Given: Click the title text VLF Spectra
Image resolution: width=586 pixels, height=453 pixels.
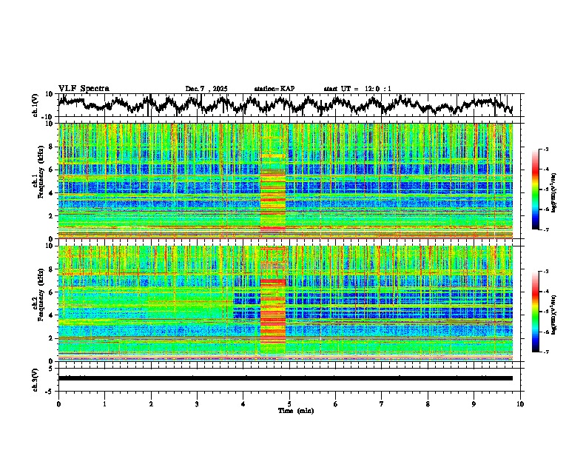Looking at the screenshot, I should click(x=84, y=89).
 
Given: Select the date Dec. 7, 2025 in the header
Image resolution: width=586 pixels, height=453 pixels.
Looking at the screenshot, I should click(x=206, y=89).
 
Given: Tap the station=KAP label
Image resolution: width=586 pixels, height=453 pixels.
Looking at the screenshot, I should click(x=275, y=89).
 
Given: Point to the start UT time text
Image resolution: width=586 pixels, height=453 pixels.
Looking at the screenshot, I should click(x=357, y=89).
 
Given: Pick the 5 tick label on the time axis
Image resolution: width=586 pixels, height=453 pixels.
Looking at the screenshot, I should click(x=289, y=403).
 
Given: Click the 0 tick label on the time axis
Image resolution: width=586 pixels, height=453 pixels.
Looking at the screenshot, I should click(x=58, y=403).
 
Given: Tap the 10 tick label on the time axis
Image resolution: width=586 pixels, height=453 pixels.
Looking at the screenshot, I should click(x=520, y=403).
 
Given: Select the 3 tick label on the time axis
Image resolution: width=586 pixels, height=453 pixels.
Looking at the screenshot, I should click(x=197, y=403).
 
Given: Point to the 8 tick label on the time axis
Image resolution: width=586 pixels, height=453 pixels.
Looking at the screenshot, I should click(x=428, y=403).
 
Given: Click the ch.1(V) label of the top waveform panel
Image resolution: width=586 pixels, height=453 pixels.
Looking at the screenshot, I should click(x=36, y=106).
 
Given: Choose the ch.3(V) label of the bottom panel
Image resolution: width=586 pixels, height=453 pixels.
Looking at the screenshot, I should click(x=36, y=377).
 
